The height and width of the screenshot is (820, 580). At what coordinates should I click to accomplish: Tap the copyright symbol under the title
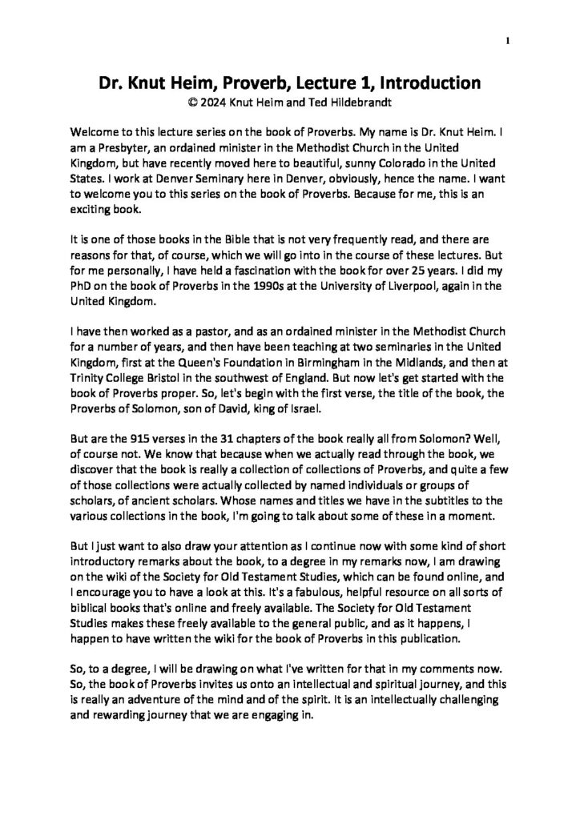point(190,103)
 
